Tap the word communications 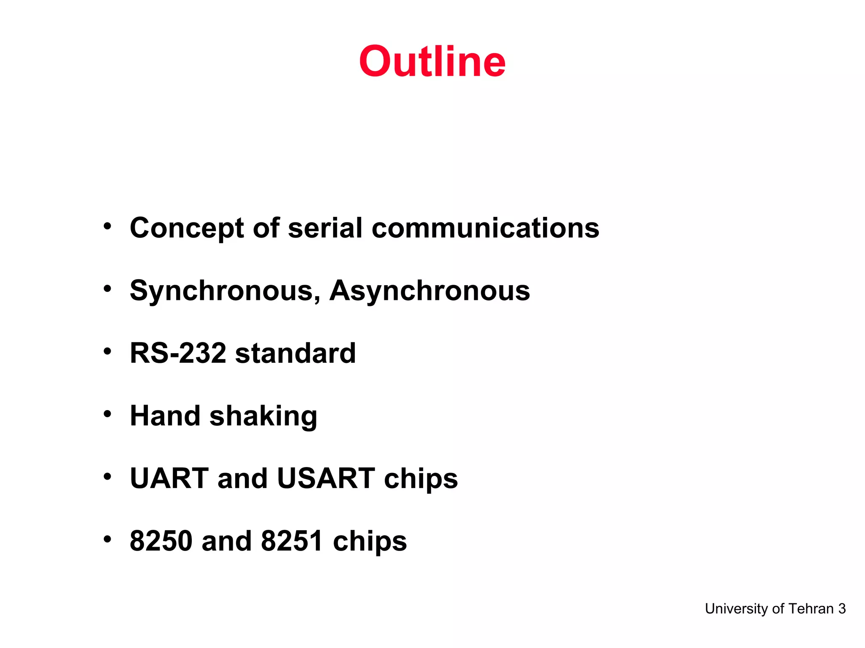(485, 228)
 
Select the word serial (325, 228)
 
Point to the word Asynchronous (430, 291)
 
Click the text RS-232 (178, 353)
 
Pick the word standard (295, 353)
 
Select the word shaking (263, 417)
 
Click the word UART (169, 478)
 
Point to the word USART (326, 478)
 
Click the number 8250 (161, 541)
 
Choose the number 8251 (292, 541)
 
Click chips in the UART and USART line (421, 479)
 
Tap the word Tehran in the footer (811, 609)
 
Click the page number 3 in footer (842, 609)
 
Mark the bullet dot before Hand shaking (108, 414)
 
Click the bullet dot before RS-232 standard (108, 351)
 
